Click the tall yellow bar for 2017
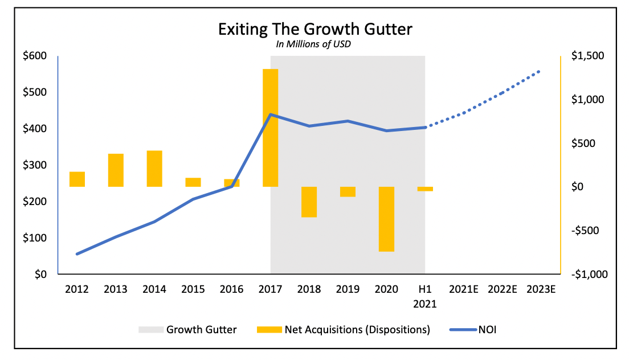270,128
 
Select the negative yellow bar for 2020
386,219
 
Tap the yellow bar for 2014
154,169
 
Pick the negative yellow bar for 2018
309,202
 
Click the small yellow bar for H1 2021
425,189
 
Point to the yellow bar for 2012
77,179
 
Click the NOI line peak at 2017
270,114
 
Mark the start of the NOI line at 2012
77,254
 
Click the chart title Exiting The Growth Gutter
314,30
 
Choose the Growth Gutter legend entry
187,329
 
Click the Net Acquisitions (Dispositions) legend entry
344,329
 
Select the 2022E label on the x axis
503,289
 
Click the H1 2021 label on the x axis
425,296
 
